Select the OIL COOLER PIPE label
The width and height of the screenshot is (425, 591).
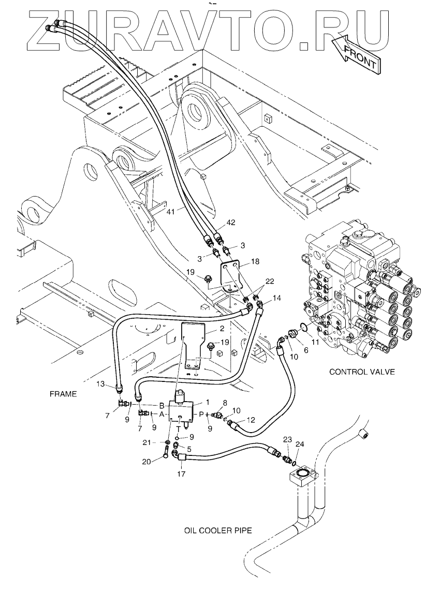point(217,531)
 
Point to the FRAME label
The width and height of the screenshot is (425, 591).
point(63,394)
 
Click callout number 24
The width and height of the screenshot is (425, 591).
point(300,444)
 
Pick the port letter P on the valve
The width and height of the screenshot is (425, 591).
point(201,414)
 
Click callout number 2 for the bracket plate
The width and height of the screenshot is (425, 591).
point(221,329)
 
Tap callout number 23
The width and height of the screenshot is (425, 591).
point(287,439)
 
